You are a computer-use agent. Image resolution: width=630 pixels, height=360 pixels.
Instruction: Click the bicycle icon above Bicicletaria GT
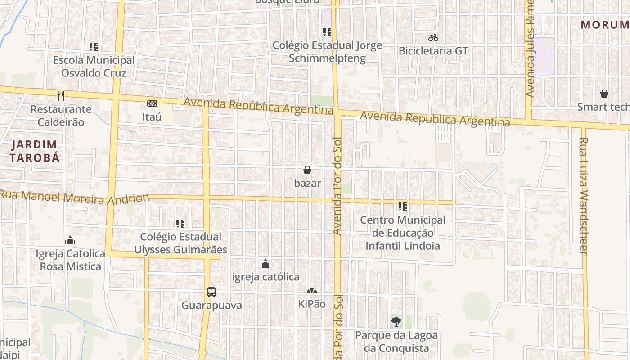coord(433,38)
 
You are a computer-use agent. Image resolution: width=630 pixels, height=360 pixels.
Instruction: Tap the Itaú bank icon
coord(152,103)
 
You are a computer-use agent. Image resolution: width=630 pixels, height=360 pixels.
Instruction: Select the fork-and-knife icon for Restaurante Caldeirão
coord(61,95)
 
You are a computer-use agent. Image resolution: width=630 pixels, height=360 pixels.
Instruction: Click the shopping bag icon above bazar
coord(307,170)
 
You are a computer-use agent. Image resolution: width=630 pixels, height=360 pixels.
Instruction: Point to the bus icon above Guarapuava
coord(211,292)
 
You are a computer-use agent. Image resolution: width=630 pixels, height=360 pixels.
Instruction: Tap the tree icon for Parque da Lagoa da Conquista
coord(396,322)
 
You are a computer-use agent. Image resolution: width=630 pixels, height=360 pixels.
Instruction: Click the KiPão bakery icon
coord(312,291)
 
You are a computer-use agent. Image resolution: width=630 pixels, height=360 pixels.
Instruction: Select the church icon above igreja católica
coord(265,263)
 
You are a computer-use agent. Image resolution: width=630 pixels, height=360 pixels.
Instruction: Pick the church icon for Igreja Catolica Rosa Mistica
coord(70,240)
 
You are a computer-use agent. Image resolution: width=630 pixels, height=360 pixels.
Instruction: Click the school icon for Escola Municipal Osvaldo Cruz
coord(94,46)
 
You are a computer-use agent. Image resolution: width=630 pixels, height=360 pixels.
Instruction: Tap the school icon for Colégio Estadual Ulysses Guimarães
coord(180,223)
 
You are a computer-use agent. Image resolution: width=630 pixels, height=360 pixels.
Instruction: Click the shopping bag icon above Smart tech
coord(604,94)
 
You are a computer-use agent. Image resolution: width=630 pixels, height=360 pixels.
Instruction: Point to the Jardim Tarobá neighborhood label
coord(35,151)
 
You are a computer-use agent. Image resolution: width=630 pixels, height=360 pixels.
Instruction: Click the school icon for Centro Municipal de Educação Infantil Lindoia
coord(403,207)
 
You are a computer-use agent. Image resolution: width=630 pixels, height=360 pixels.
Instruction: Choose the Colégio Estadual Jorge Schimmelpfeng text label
coord(328,52)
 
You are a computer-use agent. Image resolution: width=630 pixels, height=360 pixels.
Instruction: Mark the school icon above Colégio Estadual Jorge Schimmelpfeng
coord(327,32)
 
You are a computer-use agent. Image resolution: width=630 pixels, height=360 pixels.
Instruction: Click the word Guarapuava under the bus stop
coord(211,305)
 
